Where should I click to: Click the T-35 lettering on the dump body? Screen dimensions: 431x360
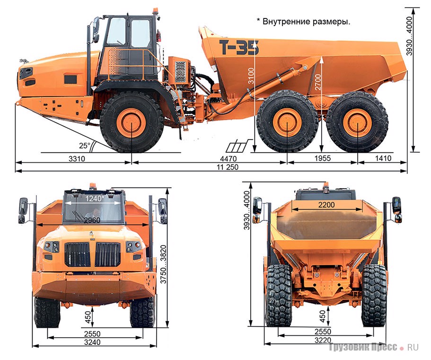239,47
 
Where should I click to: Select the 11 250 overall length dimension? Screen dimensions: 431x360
227,167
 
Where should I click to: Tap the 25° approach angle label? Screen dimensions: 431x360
84,145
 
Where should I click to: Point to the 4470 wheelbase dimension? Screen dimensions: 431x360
228,158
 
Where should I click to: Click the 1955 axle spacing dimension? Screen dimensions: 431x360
323,158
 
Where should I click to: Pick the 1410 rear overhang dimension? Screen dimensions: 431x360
383,158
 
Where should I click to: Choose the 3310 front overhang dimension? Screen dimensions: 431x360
77,158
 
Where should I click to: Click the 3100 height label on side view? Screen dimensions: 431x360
251,76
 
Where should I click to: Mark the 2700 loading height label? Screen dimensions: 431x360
318,82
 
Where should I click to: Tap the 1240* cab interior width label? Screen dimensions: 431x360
95,198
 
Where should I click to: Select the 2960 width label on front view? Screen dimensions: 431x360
92,220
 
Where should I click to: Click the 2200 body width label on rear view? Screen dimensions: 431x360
326,205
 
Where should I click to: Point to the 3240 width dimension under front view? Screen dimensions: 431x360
92,342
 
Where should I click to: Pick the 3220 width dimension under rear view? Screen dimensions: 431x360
323,340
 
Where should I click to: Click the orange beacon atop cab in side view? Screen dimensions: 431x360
156,11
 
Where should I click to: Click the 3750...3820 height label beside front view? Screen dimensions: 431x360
164,264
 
